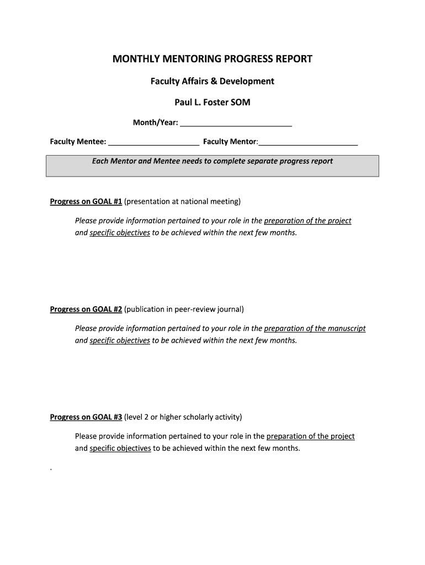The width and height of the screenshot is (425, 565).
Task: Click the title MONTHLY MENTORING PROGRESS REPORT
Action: (212, 58)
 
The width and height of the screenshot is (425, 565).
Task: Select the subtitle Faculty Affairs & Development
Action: (212, 81)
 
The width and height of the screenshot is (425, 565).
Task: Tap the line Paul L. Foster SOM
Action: (212, 103)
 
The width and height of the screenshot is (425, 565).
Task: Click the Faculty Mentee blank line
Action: (153, 142)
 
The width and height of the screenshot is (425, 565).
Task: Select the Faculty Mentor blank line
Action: (308, 142)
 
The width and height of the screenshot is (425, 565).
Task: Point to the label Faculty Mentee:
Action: (78, 142)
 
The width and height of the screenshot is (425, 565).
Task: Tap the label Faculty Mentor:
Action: (230, 142)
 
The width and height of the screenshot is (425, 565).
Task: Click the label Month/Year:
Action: (155, 122)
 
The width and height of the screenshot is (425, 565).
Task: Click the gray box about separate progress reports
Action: (212, 166)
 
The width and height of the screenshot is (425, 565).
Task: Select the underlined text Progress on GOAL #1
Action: (86, 201)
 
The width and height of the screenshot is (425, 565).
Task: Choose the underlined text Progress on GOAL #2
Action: (86, 309)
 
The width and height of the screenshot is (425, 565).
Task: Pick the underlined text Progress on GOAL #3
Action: (86, 417)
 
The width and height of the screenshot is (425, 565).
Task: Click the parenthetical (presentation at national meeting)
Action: (183, 201)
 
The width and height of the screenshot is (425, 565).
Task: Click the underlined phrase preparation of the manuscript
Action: (315, 328)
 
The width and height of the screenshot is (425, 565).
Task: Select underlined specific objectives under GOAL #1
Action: (120, 233)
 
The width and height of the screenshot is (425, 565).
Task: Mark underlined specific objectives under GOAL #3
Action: (120, 448)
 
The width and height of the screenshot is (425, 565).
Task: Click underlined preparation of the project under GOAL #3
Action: (310, 436)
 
